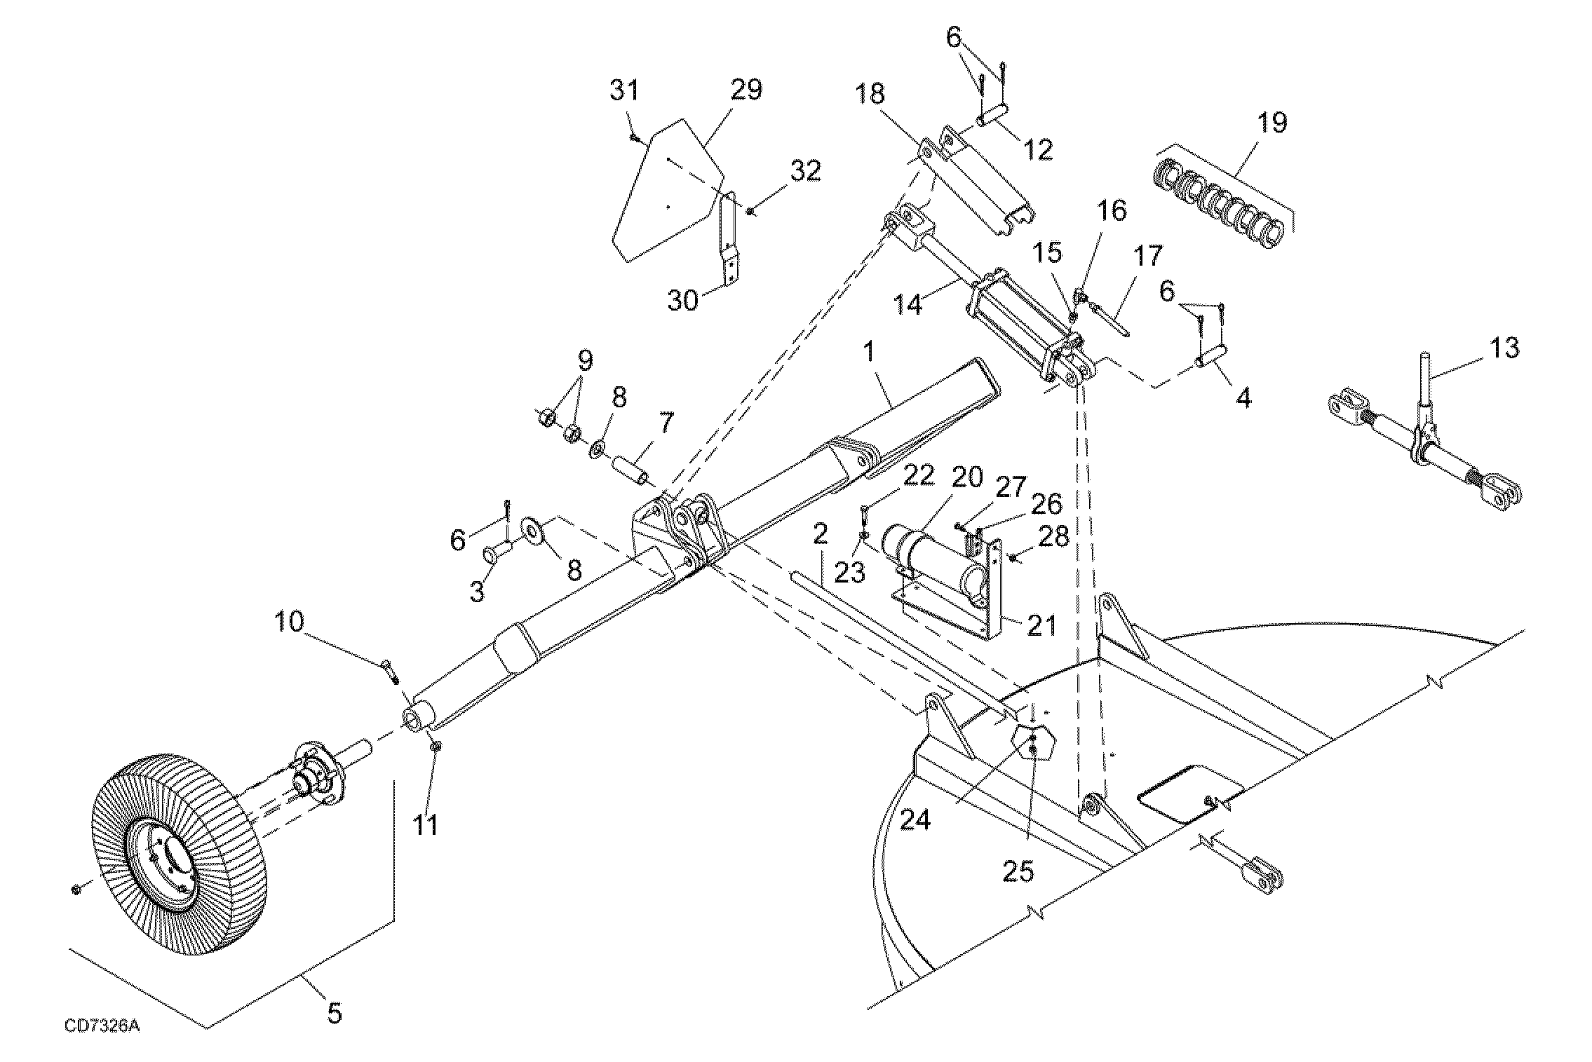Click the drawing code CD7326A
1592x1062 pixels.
coord(102,1026)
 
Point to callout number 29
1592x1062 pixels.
coord(746,90)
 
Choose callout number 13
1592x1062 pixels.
coord(1503,348)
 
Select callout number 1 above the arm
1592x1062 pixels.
coord(870,352)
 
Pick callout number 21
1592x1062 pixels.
coord(1041,625)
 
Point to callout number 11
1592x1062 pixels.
coord(425,824)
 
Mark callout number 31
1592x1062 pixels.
coord(624,90)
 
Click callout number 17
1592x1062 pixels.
coord(1148,256)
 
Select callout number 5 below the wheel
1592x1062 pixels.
coord(334,1012)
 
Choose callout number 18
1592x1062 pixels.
coord(870,94)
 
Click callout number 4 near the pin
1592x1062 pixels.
coord(1242,399)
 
